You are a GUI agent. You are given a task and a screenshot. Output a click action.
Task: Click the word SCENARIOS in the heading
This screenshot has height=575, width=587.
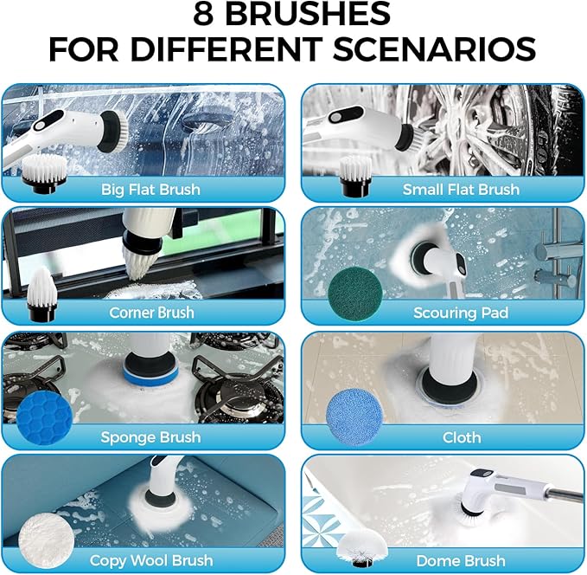pyautogui.click(x=437, y=48)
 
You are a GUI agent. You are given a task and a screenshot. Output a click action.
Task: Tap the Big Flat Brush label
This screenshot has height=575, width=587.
pyautogui.click(x=150, y=189)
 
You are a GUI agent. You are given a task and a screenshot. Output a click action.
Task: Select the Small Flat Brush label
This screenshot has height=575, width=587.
pyautogui.click(x=461, y=189)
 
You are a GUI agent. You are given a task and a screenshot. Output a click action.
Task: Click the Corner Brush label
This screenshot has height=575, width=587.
pyautogui.click(x=151, y=313)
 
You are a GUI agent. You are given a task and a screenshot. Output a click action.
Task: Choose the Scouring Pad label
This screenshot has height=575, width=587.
pyautogui.click(x=461, y=313)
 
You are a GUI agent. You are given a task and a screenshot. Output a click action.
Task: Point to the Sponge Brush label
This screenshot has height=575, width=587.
pyautogui.click(x=151, y=437)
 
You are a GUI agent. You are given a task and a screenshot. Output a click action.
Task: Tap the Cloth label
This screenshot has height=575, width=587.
pyautogui.click(x=462, y=437)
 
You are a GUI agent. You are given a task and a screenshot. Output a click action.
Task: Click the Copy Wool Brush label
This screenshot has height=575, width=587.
pyautogui.click(x=151, y=561)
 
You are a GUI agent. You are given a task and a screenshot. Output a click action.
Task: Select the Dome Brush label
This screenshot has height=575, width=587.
pyautogui.click(x=461, y=561)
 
